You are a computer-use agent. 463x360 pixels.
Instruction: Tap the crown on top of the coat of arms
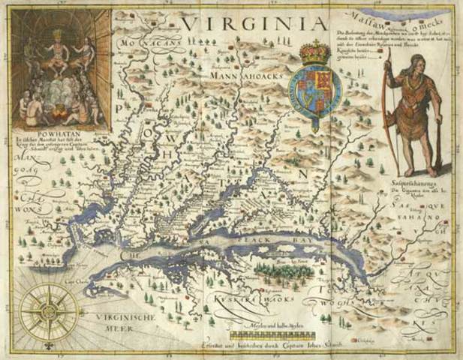311,53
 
